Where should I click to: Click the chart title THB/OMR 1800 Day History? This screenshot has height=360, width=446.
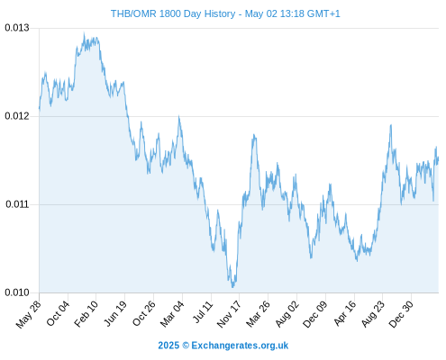tap(173, 13)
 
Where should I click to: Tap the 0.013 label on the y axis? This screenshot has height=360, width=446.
tap(17, 28)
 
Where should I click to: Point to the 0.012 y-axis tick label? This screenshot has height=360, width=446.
tap(17, 116)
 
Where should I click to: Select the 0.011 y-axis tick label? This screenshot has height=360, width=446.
tap(17, 204)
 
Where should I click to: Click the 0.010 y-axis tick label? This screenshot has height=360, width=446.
tap(17, 292)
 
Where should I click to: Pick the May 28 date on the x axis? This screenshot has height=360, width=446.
tap(28, 314)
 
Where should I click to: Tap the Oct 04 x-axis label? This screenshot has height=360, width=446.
tap(58, 313)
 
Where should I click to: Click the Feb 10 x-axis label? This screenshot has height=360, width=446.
tap(86, 314)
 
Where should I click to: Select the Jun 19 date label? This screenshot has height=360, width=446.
tap(115, 313)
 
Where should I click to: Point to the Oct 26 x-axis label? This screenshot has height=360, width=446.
tap(144, 313)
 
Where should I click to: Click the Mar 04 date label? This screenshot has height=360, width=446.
tap(172, 314)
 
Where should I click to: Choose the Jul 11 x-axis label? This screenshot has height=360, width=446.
tap(203, 312)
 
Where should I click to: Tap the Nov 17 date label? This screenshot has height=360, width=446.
tap(229, 314)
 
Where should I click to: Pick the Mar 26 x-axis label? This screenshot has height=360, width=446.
tap(258, 314)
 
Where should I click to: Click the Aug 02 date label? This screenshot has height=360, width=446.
tap(287, 314)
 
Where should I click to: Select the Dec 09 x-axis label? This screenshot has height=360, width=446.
tap(314, 314)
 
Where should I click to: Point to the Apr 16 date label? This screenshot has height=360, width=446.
tap(345, 313)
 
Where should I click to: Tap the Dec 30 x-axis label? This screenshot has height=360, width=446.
tap(401, 314)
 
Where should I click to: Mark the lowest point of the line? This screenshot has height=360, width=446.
tap(232, 287)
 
